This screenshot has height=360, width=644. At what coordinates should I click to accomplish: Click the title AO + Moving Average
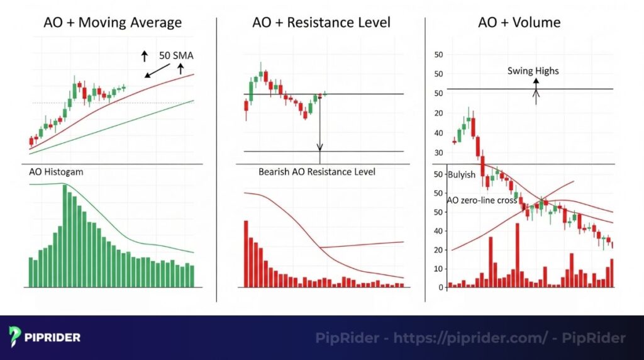113,23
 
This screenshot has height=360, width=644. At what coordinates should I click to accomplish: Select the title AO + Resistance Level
321,23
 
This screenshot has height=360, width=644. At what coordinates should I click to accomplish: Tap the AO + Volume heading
519,23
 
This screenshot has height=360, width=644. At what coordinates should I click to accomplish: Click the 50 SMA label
176,55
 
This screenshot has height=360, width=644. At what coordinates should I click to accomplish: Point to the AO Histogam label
57,171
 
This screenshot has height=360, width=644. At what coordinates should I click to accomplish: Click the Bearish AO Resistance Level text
317,171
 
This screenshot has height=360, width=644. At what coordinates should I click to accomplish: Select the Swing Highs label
533,71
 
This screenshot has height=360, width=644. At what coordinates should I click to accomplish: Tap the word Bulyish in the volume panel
462,174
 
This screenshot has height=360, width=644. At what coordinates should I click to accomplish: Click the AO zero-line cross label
482,200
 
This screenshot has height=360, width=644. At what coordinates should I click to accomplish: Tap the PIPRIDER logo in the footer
45,337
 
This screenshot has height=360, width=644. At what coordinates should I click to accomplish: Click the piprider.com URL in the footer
470,338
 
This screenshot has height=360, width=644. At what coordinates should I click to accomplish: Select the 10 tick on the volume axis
439,269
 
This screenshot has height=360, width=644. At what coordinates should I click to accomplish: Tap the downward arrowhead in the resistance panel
319,149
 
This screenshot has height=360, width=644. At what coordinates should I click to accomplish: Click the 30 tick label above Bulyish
439,152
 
